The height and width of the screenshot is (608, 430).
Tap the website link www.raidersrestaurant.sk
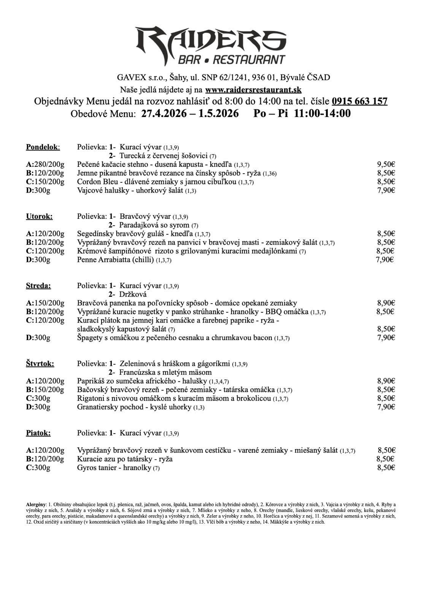pyautogui.click(x=253, y=90)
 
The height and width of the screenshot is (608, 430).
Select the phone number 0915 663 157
pyautogui.click(x=359, y=101)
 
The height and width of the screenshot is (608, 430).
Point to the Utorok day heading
pyautogui.click(x=39, y=217)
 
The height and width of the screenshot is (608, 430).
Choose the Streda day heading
pyautogui.click(x=38, y=286)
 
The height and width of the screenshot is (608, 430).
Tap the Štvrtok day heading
pyautogui.click(x=40, y=364)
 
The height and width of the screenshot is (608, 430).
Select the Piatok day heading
pyautogui.click(x=38, y=433)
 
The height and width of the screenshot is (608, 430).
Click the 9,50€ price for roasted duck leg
pyautogui.click(x=386, y=165)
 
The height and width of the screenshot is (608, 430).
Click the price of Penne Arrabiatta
pyautogui.click(x=384, y=260)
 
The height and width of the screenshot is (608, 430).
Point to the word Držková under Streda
pyautogui.click(x=133, y=294)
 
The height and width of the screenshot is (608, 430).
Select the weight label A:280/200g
pyautogui.click(x=45, y=165)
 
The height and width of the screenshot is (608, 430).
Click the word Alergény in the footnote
pyautogui.click(x=36, y=504)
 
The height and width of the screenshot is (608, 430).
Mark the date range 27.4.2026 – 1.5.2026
pyautogui.click(x=190, y=114)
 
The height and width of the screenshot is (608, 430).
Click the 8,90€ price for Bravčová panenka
pyautogui.click(x=386, y=303)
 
